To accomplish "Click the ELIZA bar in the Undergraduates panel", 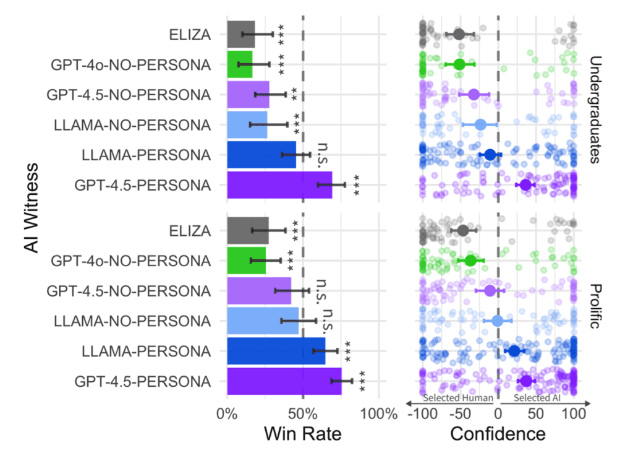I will coord(240,34).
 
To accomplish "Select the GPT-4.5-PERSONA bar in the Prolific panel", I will coord(284,381).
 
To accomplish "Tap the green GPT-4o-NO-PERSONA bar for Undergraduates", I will coord(239,64).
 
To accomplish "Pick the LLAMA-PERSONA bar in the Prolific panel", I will coord(276,351).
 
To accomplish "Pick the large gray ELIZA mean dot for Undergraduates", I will coord(459,34).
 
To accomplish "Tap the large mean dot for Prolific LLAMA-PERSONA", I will coord(514,351).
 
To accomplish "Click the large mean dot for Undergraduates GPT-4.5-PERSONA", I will coord(525,185).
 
